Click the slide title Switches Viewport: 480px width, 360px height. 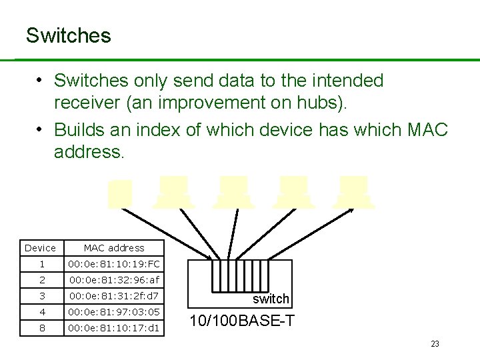pyautogui.click(x=68, y=35)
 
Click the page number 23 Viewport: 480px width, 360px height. pyautogui.click(x=435, y=344)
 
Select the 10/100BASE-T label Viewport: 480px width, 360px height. pyautogui.click(x=242, y=321)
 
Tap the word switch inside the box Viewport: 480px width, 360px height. pyautogui.click(x=271, y=299)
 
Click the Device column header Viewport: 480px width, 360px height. pyautogui.click(x=41, y=248)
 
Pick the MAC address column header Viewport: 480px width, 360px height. pyautogui.click(x=114, y=248)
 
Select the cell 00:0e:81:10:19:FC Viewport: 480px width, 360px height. pyautogui.click(x=114, y=264)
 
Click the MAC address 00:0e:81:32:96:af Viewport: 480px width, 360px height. pyautogui.click(x=114, y=280)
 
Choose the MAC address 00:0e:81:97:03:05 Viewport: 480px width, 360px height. pyautogui.click(x=114, y=311)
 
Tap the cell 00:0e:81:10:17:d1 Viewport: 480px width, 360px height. pyautogui.click(x=114, y=327)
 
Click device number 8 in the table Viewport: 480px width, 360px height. pyautogui.click(x=41, y=327)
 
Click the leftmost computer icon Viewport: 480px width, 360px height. pyautogui.click(x=120, y=193)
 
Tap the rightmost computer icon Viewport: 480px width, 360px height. pyautogui.click(x=353, y=192)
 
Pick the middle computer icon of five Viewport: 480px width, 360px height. pyautogui.click(x=233, y=192)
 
